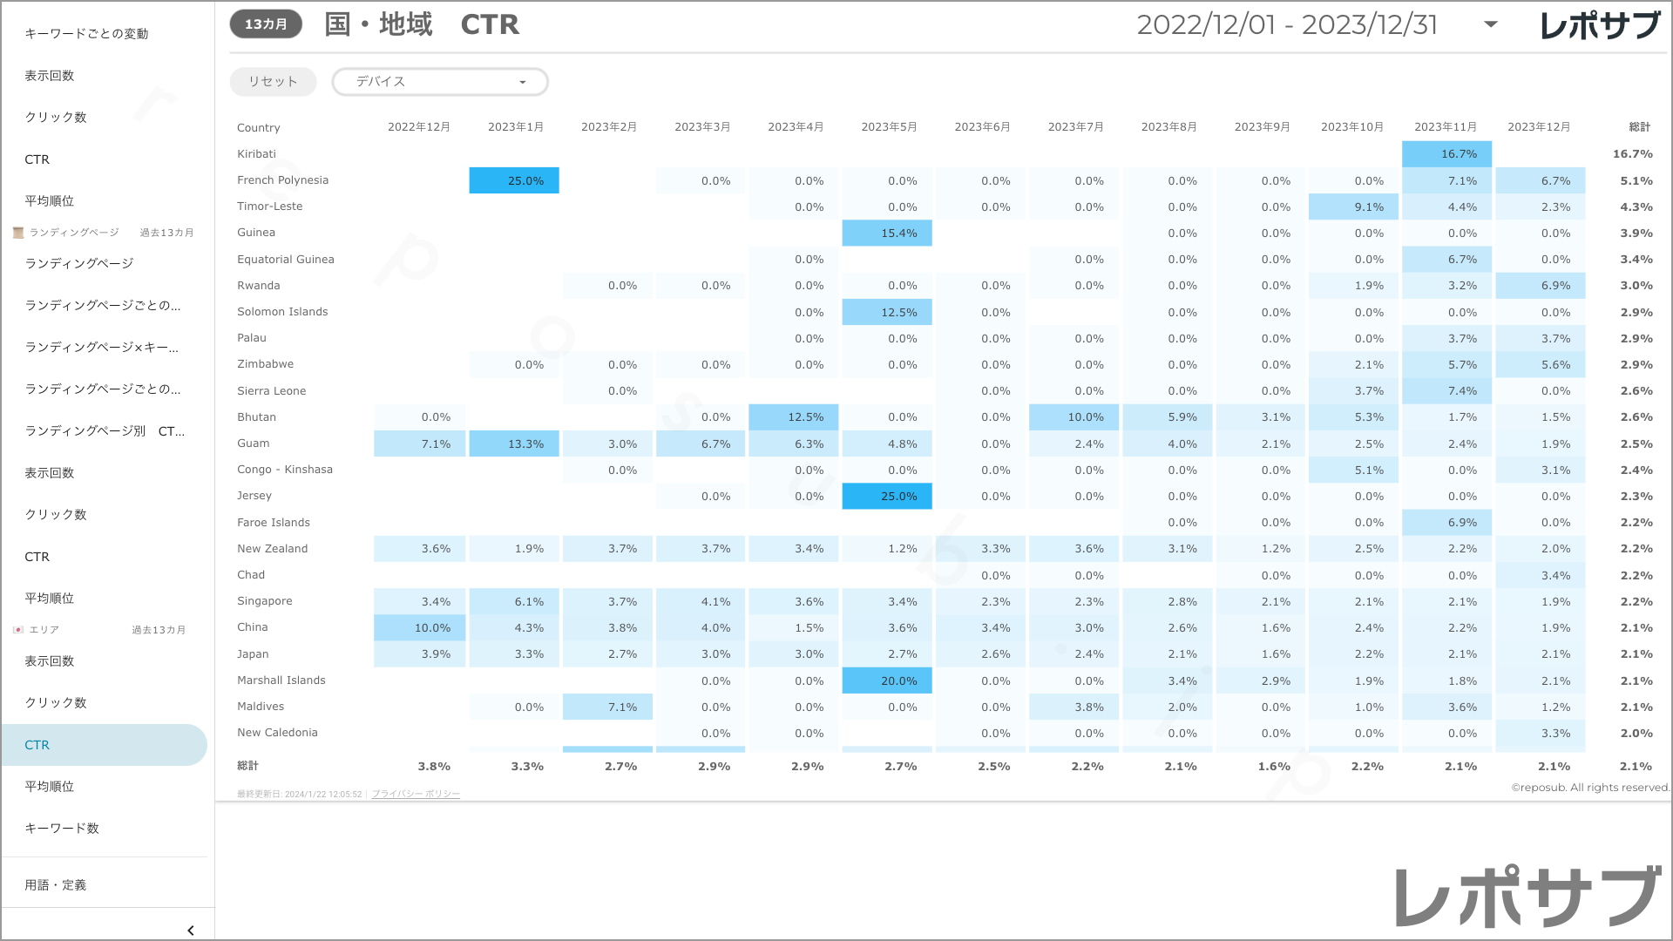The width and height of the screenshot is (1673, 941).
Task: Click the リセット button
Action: click(273, 82)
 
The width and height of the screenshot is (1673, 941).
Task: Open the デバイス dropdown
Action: click(440, 82)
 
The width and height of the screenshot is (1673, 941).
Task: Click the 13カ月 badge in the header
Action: click(266, 24)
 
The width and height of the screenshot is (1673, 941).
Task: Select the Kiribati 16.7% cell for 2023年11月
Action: click(1446, 154)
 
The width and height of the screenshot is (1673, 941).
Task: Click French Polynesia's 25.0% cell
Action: click(514, 180)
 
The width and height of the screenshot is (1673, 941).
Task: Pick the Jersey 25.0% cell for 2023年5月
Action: click(887, 497)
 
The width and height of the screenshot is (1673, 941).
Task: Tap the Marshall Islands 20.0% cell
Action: click(887, 680)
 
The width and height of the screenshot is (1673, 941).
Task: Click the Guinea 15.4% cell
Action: click(887, 234)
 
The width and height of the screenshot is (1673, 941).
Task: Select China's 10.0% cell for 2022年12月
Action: click(420, 628)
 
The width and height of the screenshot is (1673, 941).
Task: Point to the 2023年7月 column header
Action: click(1075, 127)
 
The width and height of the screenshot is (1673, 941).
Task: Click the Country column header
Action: click(259, 128)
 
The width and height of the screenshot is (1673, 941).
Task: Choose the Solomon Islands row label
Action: click(282, 312)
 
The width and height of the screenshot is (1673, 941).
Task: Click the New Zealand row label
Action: click(273, 549)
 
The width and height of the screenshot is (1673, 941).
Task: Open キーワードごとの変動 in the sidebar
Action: click(86, 34)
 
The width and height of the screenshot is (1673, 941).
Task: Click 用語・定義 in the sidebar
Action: click(56, 885)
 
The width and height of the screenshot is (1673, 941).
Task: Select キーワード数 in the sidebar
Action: click(62, 829)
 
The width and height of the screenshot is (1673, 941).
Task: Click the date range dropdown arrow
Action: click(1491, 24)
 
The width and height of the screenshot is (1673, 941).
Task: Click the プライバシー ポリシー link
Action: click(416, 795)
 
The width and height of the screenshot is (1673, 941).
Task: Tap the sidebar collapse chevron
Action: click(191, 931)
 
